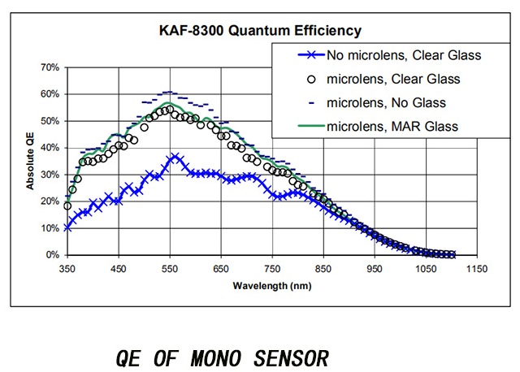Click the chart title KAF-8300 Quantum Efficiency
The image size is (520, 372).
(x=260, y=32)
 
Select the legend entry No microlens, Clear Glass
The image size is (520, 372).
(x=405, y=56)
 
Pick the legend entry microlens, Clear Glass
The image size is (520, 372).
(x=393, y=80)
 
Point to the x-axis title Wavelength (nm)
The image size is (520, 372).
(x=271, y=286)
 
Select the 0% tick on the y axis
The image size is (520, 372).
(x=50, y=255)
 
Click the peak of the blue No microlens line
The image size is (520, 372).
(x=174, y=156)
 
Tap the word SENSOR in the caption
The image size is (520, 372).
(x=288, y=357)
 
